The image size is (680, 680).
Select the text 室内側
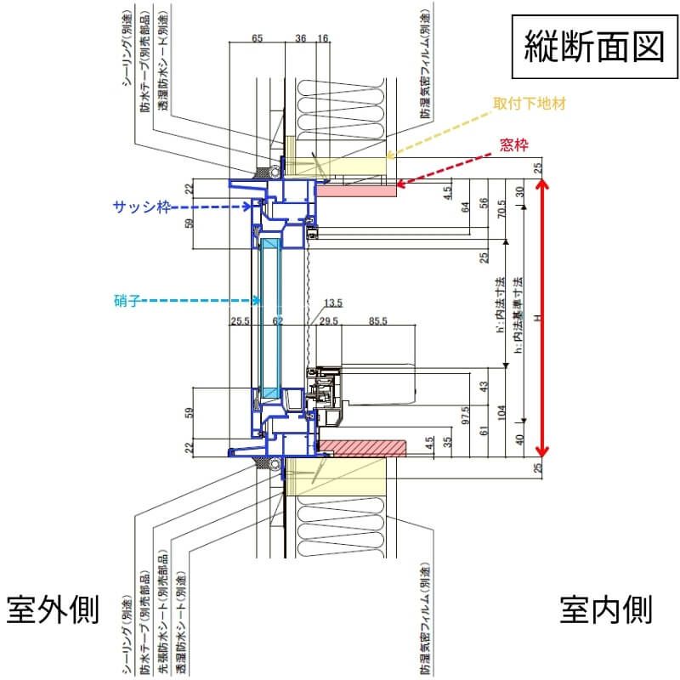point(606,609)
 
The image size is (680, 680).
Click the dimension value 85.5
point(379,320)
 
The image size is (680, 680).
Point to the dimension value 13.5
point(333,303)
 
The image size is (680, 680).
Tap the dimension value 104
point(501,413)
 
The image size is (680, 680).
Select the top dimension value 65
point(258,38)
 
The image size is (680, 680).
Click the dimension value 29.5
point(329,320)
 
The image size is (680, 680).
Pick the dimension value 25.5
point(240,320)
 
